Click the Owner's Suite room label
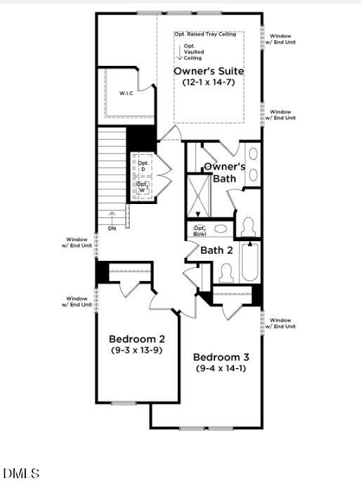(x=209, y=72)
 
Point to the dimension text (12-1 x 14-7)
(x=209, y=83)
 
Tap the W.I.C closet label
(x=126, y=93)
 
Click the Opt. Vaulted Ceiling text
(x=193, y=52)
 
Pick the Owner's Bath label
(x=224, y=172)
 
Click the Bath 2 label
(x=216, y=250)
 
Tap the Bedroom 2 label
(x=136, y=339)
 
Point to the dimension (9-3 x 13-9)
(x=136, y=350)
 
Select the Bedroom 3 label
(x=221, y=357)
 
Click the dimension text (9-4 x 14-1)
(x=221, y=367)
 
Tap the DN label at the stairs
(x=112, y=229)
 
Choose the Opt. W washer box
(x=143, y=187)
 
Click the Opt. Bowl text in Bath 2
(x=200, y=230)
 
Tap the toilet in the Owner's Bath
(x=247, y=226)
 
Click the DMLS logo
(x=21, y=474)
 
